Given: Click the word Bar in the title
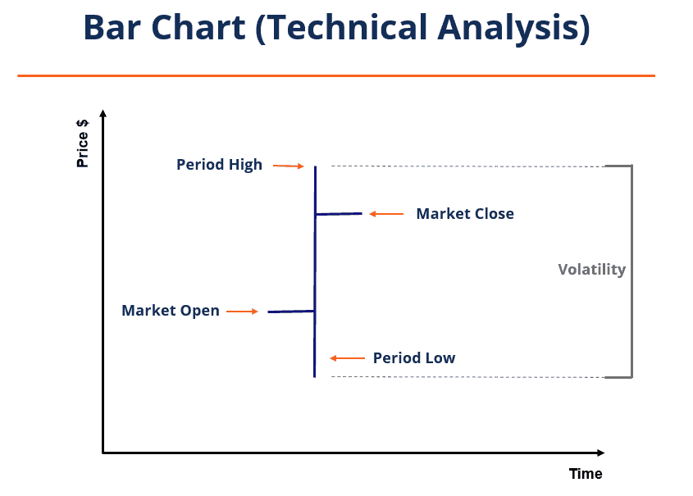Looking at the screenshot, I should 114,29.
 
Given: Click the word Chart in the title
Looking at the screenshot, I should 202,29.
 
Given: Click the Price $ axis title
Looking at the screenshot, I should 83,144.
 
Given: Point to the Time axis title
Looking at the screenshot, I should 586,474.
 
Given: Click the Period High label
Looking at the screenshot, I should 219,165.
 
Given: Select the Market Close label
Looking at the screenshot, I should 465,214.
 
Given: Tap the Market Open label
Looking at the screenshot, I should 171,311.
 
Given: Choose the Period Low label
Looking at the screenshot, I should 413,358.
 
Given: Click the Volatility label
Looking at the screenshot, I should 591,270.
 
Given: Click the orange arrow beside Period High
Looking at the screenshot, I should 289,166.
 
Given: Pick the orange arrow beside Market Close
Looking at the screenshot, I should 386,214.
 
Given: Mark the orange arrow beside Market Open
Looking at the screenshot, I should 243,312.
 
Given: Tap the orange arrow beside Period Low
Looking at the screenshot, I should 347,358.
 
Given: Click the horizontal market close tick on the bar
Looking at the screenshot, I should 339,214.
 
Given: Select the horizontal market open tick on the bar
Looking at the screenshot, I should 291,312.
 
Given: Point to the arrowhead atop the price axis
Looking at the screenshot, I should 103,113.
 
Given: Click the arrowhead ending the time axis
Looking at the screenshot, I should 600,453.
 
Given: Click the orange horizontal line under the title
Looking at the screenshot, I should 336,75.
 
